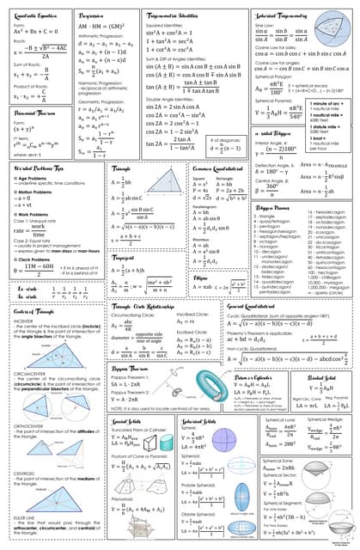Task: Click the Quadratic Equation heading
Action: click(x=36, y=16)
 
